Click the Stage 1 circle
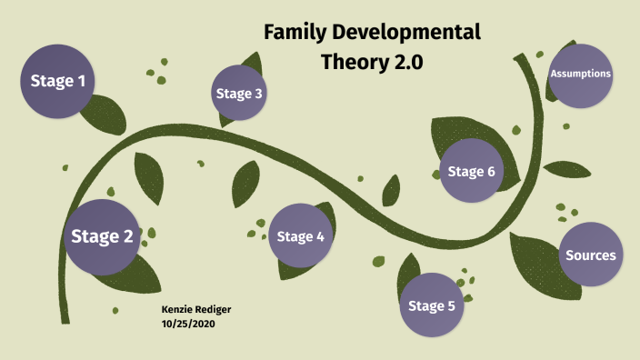58,81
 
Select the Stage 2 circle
103,237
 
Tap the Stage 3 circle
240,93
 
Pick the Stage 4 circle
301,236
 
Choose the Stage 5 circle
432,305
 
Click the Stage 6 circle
472,172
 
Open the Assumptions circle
581,74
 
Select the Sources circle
591,255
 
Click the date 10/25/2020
190,323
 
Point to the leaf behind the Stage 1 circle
102,115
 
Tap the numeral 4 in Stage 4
319,236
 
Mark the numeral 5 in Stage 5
450,305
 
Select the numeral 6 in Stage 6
490,172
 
